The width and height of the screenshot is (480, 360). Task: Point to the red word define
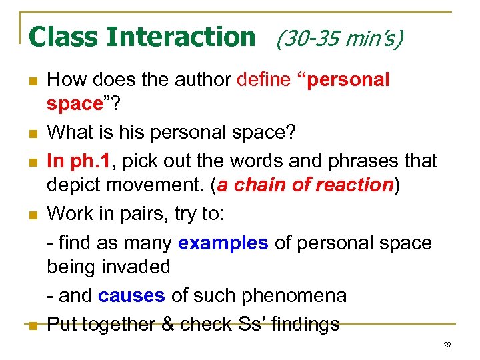point(263,80)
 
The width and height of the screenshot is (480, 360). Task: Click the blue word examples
point(223,243)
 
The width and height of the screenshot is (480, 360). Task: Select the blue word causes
point(131,295)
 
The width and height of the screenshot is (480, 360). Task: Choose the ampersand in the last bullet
point(168,324)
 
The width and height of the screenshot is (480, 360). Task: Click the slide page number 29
point(447,345)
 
